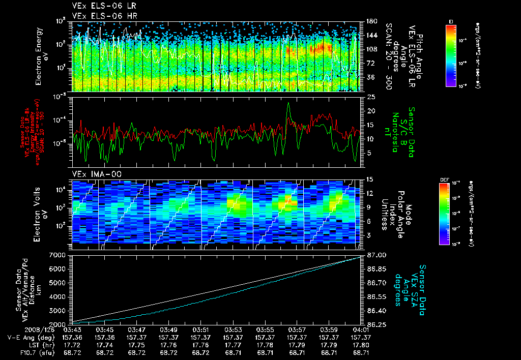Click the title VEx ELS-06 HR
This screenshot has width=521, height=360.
[99, 16]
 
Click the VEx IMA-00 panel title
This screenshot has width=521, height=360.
[93, 174]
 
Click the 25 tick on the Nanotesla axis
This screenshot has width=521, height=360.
[370, 97]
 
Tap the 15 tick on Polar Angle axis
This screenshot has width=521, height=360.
[369, 179]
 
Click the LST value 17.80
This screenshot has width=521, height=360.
[362, 344]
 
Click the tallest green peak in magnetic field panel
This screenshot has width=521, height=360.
[288, 103]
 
